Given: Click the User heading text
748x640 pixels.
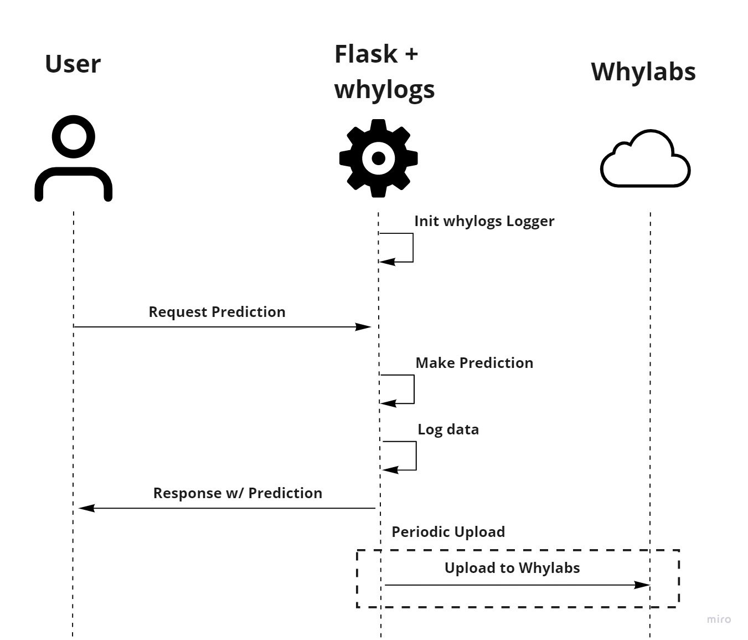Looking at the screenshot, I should click(73, 64).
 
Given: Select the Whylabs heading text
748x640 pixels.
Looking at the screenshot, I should click(643, 71).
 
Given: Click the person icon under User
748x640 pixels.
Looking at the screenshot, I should click(74, 158).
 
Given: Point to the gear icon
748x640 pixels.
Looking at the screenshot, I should click(378, 158).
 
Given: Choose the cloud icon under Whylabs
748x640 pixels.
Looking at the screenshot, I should click(645, 160).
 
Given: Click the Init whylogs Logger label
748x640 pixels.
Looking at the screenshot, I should click(484, 221).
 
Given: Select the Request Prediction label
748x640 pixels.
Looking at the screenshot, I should click(216, 312).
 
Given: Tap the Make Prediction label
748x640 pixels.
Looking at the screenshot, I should click(474, 363).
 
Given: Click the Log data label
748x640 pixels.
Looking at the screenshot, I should click(448, 429).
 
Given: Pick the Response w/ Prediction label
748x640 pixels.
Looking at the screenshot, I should click(238, 493).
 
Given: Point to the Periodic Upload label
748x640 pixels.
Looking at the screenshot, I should click(448, 532).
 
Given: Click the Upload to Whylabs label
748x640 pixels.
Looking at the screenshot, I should click(512, 568).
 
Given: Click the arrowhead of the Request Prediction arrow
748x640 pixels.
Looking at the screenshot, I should click(364, 327).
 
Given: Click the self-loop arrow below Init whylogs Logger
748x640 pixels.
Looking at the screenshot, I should click(412, 248).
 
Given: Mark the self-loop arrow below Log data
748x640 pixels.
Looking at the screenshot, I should click(415, 456).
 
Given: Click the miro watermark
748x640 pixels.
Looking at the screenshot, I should click(719, 619).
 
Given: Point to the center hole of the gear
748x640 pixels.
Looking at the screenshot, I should click(378, 158).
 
